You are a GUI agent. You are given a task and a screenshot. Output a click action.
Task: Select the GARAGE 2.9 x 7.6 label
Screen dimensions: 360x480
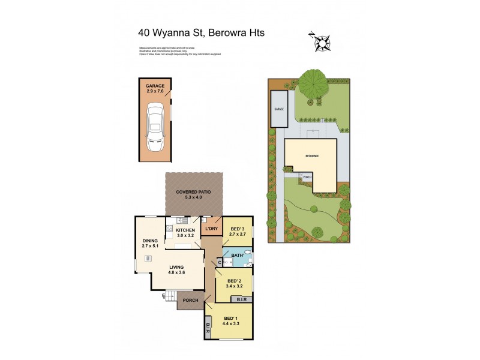pyautogui.click(x=155, y=89)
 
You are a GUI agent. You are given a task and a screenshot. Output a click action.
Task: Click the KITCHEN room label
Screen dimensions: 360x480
pyautogui.click(x=185, y=233)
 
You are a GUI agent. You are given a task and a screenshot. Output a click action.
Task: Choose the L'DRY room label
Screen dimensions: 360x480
pyautogui.click(x=211, y=230)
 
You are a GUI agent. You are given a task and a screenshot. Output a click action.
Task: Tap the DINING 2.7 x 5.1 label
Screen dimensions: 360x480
pyautogui.click(x=150, y=243)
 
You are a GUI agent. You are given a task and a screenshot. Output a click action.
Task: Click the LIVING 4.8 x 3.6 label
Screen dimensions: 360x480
pyautogui.click(x=176, y=270)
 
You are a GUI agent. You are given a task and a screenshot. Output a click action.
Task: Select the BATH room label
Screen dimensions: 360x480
pyautogui.click(x=236, y=256)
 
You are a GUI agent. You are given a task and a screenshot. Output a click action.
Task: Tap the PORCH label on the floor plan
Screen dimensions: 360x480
pyautogui.click(x=191, y=301)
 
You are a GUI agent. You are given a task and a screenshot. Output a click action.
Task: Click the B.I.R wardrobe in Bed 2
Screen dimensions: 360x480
pyautogui.click(x=242, y=298)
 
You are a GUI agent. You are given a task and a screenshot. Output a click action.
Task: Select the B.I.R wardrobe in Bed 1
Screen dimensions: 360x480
pyautogui.click(x=208, y=328)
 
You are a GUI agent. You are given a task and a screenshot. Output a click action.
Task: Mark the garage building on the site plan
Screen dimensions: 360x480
pyautogui.click(x=279, y=109)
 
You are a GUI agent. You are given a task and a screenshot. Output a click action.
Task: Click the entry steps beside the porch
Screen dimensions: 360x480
pyautogui.click(x=170, y=296)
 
